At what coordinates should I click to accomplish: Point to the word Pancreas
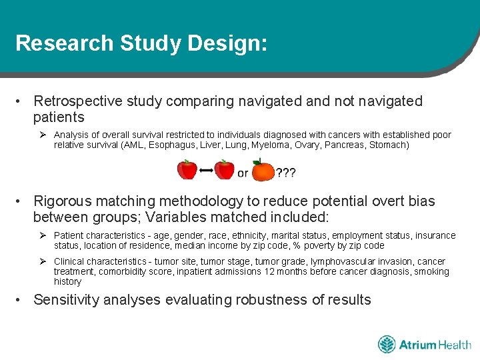(x=344, y=145)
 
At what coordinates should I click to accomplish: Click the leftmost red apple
(x=187, y=170)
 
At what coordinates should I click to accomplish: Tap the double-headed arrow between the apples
(x=206, y=171)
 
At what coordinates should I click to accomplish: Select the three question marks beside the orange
(x=286, y=173)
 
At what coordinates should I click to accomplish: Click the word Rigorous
(x=64, y=201)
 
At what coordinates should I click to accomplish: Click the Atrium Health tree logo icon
(x=387, y=345)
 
